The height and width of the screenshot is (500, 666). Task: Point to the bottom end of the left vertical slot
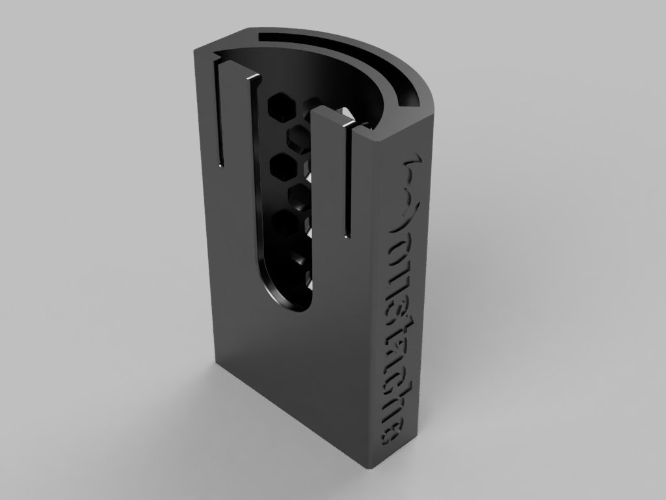(x=221, y=163)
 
